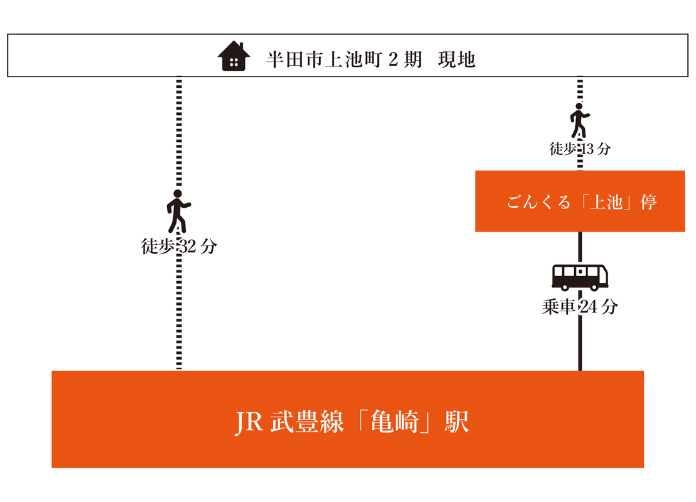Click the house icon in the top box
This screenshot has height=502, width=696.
(234, 56)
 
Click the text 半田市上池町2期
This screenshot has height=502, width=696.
(344, 60)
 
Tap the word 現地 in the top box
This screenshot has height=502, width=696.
(457, 60)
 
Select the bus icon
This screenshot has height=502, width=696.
(580, 277)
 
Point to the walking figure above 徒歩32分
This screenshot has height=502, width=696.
(178, 211)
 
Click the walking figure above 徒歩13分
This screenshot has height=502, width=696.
(579, 120)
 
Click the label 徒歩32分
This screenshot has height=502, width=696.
(179, 246)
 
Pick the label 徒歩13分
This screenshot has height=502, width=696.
(580, 149)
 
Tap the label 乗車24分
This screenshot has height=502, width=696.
(580, 306)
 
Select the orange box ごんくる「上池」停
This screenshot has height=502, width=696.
(580, 201)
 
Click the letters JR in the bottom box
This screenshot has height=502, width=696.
(248, 422)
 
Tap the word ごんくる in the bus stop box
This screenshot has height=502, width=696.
(538, 202)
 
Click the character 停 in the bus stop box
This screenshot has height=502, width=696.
(648, 202)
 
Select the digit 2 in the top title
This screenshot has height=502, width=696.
(393, 60)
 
